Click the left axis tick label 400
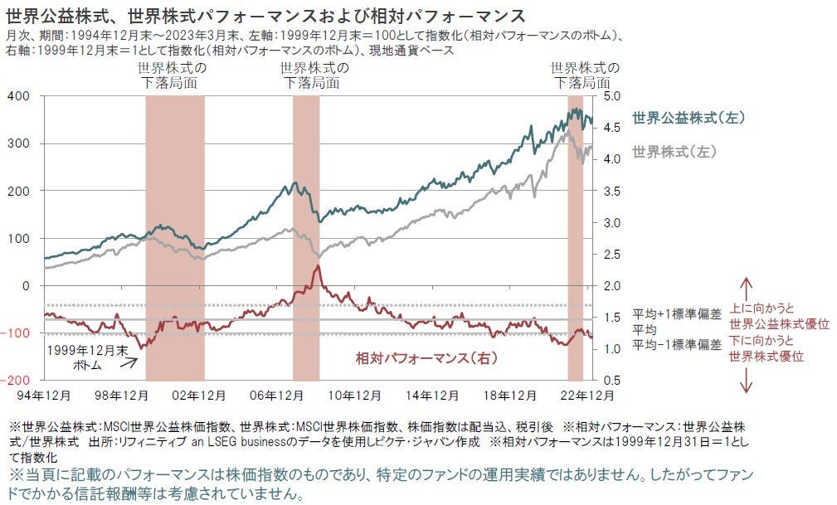coord(18,96)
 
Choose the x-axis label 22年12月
coord(588,396)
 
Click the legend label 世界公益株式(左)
coord(688,119)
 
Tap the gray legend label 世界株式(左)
coord(674,153)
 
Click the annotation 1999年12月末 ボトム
coord(80,357)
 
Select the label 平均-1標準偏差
coord(677,343)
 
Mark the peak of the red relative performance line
coord(317,267)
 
